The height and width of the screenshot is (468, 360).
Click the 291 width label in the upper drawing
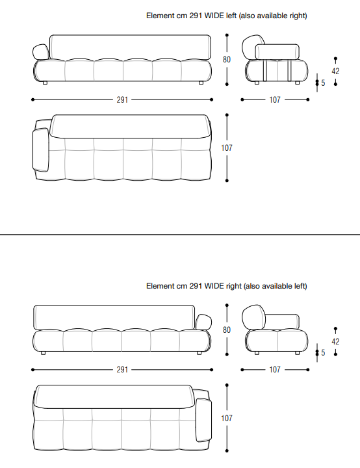point(122,99)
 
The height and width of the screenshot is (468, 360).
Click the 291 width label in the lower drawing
point(122,370)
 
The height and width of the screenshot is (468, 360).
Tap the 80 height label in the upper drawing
point(227,60)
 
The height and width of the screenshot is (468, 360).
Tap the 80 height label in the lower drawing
point(227,330)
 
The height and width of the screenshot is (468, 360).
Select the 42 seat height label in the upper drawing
point(335,71)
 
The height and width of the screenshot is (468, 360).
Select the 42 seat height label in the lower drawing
point(335,341)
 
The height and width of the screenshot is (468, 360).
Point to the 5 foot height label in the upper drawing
point(323,83)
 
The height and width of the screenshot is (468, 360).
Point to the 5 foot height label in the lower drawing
point(323,353)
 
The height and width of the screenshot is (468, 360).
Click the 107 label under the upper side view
point(275,99)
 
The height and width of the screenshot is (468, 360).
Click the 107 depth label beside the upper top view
point(227,148)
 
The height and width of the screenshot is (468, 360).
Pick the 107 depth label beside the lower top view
point(227,418)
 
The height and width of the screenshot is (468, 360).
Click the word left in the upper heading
point(231,16)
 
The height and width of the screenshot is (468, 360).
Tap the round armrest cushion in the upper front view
point(41,52)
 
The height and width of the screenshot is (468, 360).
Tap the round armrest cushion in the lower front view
point(203,322)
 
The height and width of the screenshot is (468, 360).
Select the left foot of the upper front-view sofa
point(45,83)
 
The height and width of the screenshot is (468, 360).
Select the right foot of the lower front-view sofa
point(199,353)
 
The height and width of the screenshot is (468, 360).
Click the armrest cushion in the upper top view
point(40,150)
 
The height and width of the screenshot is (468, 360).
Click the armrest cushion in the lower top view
point(203,420)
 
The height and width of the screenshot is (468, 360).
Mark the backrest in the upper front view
point(130,47)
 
